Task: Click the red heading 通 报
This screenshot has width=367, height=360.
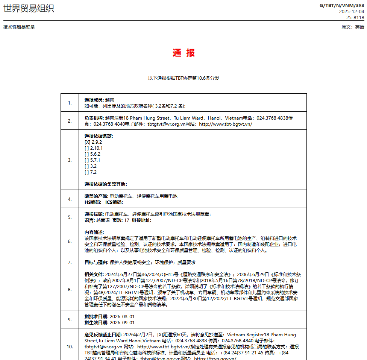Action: click(183, 53)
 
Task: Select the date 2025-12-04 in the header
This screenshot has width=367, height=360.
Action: click(351, 11)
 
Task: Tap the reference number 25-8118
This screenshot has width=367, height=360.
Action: click(355, 17)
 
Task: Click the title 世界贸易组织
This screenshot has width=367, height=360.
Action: click(29, 8)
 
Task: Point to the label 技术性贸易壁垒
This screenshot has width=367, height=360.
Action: click(19, 27)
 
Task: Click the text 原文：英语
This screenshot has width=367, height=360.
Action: click(353, 27)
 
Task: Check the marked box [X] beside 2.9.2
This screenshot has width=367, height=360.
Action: click(87, 142)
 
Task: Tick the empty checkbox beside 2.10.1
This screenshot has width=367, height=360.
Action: click(86, 148)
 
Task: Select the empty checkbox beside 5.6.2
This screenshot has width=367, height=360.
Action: click(86, 154)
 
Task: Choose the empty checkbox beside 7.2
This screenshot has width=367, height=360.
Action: click(86, 172)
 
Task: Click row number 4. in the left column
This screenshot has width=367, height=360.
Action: click(70, 199)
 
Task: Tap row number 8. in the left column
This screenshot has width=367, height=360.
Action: click(70, 290)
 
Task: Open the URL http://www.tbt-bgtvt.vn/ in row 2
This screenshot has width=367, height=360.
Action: click(226, 124)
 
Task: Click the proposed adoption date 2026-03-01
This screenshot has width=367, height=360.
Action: click(122, 317)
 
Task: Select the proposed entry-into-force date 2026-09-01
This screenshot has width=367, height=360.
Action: click(122, 323)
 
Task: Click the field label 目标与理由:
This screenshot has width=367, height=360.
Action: click(96, 263)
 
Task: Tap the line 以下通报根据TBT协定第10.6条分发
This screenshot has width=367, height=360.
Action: click(183, 78)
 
